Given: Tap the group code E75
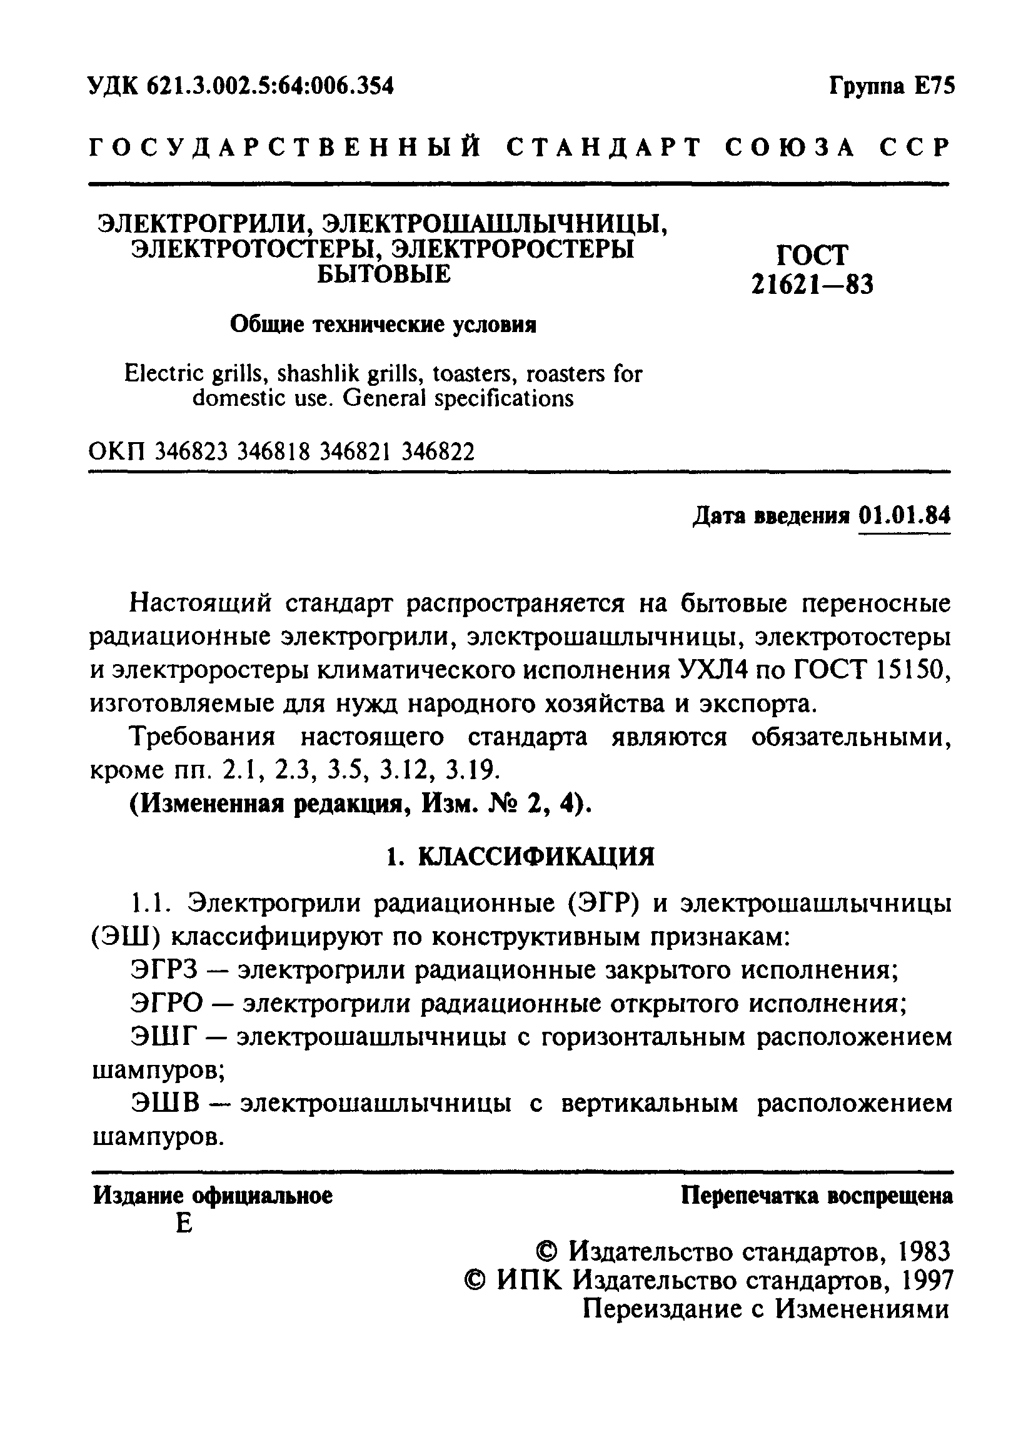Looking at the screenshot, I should [934, 86].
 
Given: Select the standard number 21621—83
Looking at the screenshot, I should [812, 286].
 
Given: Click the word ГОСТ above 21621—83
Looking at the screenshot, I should [812, 255].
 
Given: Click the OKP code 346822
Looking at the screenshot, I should [438, 451].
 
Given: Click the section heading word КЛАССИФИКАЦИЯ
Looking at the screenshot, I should [536, 857].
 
